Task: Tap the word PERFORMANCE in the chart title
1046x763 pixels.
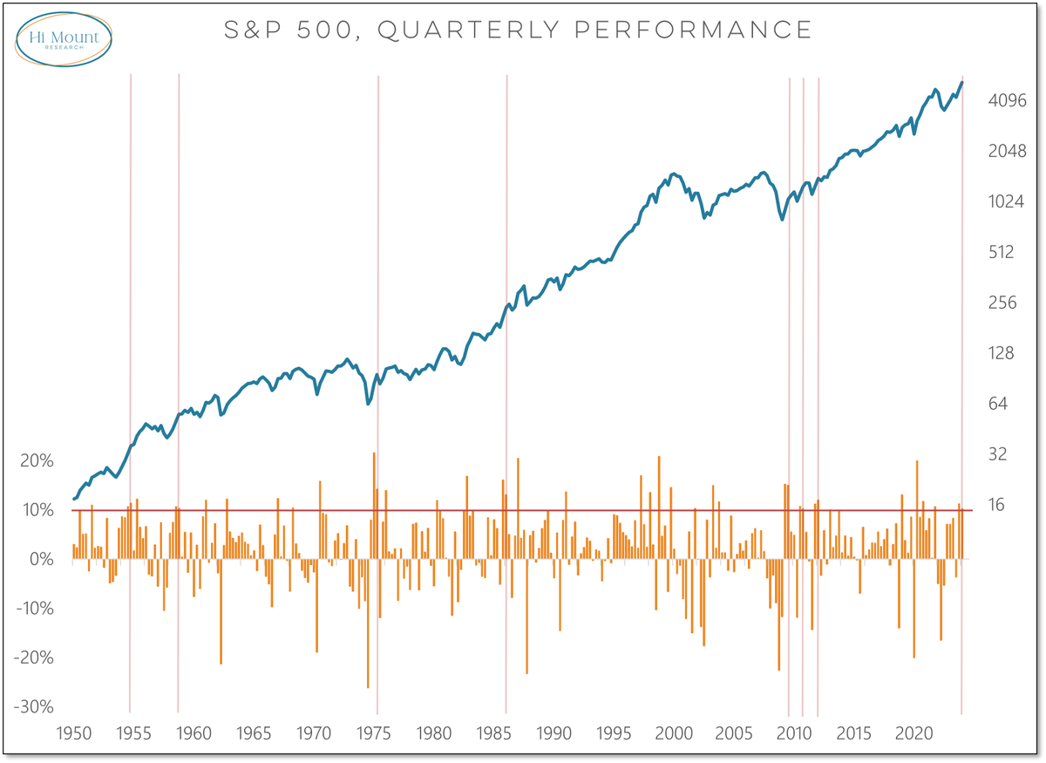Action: pos(707,31)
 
